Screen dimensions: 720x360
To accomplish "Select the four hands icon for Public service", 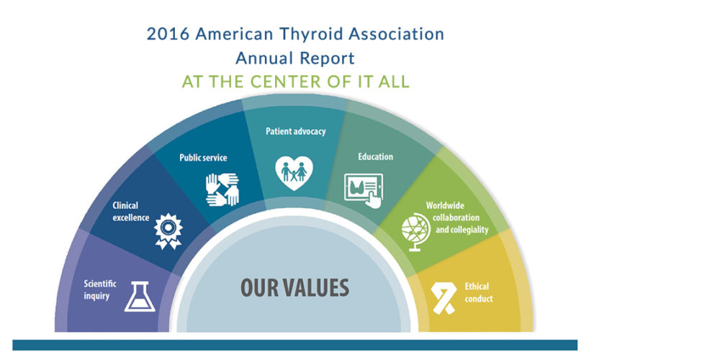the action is coord(222,189).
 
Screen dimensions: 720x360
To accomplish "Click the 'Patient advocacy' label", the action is coord(296,131).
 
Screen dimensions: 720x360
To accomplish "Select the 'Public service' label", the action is coord(203,158).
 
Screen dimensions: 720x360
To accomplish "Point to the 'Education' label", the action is coord(376,156).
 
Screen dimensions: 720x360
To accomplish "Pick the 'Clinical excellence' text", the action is coord(131,211).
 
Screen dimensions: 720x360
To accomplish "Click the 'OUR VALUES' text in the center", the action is coord(294,287).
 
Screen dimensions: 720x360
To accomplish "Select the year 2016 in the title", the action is coord(168,35).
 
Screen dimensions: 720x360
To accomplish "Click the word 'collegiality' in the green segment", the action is coord(462,230).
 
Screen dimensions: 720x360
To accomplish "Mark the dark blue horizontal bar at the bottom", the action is coord(294,345).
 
